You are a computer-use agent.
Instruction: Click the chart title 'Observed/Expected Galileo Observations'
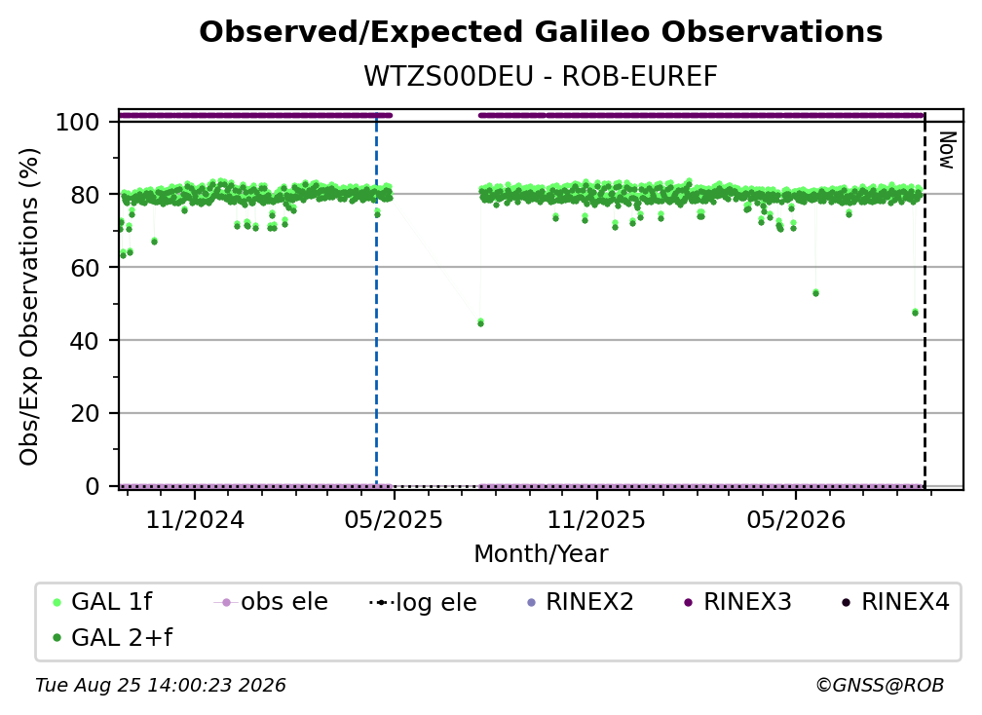[541, 32]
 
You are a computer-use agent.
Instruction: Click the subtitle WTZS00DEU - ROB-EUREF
[541, 76]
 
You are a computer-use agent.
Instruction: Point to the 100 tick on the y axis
[78, 122]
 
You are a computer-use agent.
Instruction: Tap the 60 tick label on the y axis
[85, 267]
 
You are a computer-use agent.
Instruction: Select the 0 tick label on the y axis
[93, 486]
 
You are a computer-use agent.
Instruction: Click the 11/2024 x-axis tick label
[195, 519]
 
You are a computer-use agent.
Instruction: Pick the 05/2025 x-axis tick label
[394, 519]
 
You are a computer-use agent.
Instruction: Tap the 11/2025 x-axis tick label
[596, 519]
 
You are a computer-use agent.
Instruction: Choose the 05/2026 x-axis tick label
[795, 519]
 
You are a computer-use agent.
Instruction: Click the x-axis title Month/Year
[541, 554]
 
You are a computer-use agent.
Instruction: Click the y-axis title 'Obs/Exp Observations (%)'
[29, 307]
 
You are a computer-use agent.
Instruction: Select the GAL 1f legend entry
[102, 602]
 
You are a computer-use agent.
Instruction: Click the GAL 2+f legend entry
[112, 638]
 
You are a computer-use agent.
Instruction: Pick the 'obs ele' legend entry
[271, 602]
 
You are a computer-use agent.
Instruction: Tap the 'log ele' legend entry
[424, 603]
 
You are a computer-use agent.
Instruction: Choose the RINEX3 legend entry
[737, 602]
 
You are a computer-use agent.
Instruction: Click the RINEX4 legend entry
[895, 602]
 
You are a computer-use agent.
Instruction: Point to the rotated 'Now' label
[947, 150]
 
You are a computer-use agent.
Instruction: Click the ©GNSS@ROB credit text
[880, 686]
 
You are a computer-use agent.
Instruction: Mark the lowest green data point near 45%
[480, 323]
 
